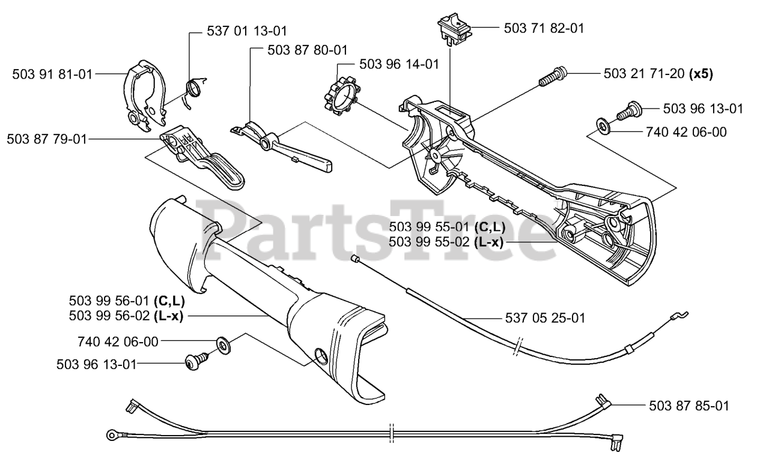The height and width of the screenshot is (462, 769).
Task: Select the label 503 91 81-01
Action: [53, 74]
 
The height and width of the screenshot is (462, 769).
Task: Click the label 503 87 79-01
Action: [47, 139]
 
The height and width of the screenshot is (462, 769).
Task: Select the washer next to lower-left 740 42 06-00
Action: [225, 344]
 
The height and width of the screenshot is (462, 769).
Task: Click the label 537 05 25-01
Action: [544, 317]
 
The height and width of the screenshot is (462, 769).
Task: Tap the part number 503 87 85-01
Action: [689, 406]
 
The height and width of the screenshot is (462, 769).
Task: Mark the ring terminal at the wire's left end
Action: [112, 434]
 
